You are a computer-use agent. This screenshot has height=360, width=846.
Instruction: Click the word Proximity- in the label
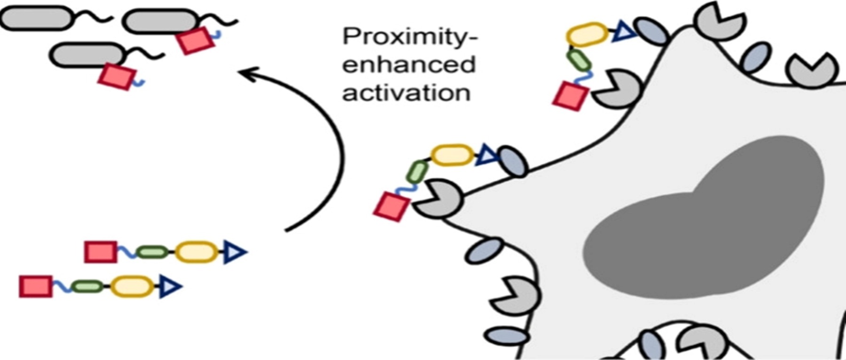coord(409,37)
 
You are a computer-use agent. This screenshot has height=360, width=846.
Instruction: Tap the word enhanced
coord(408,64)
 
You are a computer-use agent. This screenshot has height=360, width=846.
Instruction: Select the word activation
coord(406,93)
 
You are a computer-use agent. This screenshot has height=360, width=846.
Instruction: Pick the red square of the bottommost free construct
coord(36,286)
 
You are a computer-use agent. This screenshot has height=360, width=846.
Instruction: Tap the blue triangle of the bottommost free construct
coord(169,286)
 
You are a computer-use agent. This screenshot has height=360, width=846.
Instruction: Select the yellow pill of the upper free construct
coord(196,252)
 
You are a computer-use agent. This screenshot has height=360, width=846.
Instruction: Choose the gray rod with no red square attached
coord(37,18)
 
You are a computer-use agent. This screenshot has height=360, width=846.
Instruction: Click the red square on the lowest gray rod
coord(117,77)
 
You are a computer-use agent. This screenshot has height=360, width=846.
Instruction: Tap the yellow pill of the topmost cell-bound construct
coord(587,34)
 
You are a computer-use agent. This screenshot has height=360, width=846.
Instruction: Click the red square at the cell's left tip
coord(392,207)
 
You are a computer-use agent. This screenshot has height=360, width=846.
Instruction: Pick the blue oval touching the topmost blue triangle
coord(651,31)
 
